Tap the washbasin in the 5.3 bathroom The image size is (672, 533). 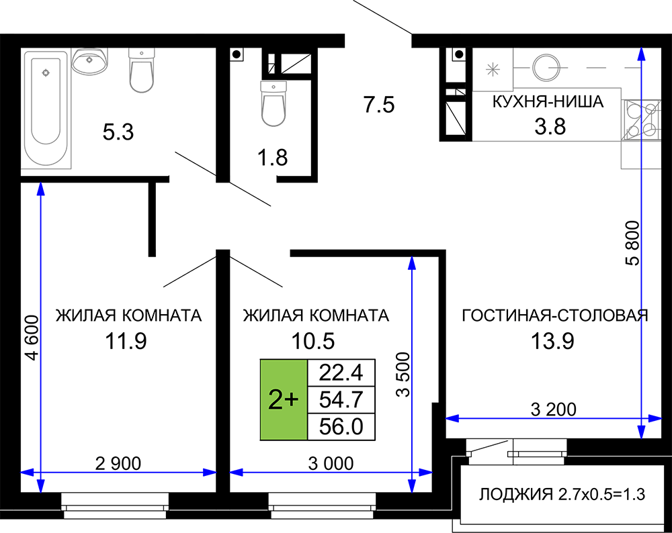coord(89,60)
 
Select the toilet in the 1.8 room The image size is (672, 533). coord(274,103)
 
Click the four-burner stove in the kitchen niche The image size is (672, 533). coord(641,120)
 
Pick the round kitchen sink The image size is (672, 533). coord(546,67)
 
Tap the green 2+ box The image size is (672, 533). coord(284,400)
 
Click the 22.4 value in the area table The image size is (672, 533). coord(341,373)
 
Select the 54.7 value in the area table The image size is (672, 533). coord(341,399)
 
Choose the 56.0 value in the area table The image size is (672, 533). coord(341,427)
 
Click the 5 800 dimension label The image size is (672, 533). coord(632,243)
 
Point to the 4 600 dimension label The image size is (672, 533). coord(32,338)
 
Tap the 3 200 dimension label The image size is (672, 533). coord(553,409)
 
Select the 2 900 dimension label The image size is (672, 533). coord(118,463)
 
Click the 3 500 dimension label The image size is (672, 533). coord(403,375)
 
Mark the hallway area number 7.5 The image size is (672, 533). coord(379,105)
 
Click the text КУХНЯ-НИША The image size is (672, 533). coord(548,102)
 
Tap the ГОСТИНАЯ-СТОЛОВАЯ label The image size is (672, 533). coord(555,316)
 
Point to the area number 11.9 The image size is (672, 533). coord(126,341)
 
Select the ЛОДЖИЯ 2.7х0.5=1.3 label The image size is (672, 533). coord(562,495)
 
